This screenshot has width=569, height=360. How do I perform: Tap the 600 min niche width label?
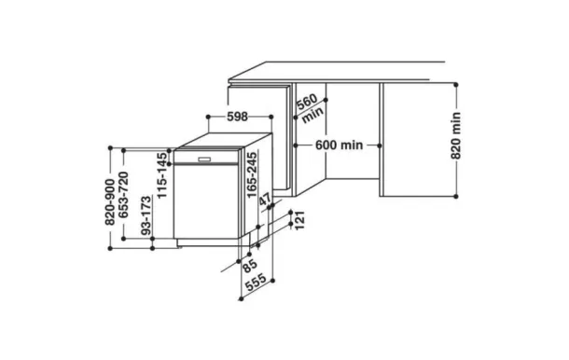point(339,145)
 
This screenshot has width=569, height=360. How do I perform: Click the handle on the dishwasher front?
point(204,161)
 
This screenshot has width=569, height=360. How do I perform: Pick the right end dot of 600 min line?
point(381,145)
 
